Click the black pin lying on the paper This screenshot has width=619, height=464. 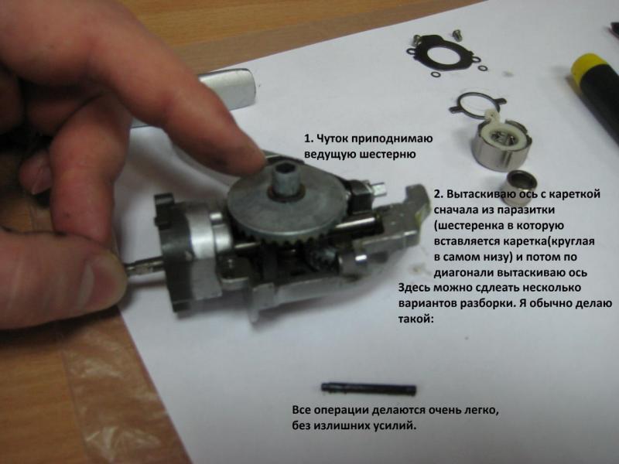coord(368,389)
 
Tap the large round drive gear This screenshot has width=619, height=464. coord(288,205)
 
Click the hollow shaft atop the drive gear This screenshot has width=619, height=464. coord(287,179)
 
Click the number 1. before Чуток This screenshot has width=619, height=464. coord(308,139)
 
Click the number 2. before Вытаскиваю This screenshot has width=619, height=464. coord(439,195)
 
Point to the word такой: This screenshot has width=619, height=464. coord(416,319)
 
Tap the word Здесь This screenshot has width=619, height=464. coord(414,288)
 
